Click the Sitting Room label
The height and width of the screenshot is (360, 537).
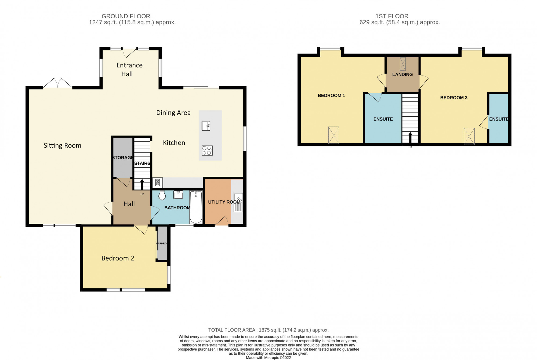pyautogui.click(x=62, y=145)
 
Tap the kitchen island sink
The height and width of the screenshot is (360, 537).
pyautogui.click(x=206, y=126)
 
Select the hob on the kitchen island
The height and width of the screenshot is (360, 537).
pyautogui.click(x=207, y=150)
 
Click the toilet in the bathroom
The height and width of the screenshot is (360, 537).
pyautogui.click(x=162, y=195)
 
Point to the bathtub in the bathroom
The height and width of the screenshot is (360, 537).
pyautogui.click(x=196, y=207)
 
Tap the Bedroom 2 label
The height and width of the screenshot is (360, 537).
pyautogui.click(x=118, y=258)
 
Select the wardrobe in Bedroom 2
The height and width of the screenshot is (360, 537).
pyautogui.click(x=162, y=243)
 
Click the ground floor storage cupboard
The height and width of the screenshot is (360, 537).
pyautogui.click(x=123, y=157)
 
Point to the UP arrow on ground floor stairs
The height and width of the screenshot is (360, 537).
pyautogui.click(x=142, y=185)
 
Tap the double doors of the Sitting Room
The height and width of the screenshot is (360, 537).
pyautogui.click(x=57, y=83)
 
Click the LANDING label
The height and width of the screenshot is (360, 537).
pyautogui.click(x=402, y=74)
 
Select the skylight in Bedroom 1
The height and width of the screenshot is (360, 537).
pyautogui.click(x=333, y=135)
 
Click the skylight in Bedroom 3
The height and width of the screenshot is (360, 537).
pyautogui.click(x=469, y=136)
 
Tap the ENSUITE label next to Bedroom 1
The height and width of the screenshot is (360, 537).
pyautogui.click(x=383, y=119)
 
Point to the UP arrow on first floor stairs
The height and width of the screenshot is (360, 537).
pyautogui.click(x=410, y=137)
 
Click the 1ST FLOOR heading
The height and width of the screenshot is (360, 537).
pyautogui.click(x=392, y=16)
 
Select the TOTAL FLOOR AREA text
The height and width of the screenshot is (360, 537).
pyautogui.click(x=268, y=330)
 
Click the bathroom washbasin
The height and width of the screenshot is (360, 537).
pyautogui.click(x=178, y=195)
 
